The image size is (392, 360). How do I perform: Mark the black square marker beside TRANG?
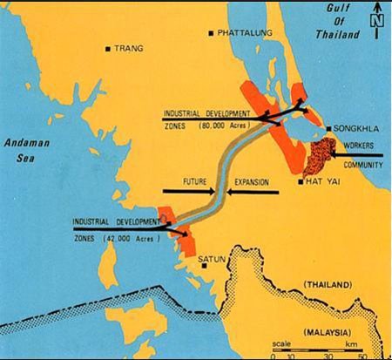106,49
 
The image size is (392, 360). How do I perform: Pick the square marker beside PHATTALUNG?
211,33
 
